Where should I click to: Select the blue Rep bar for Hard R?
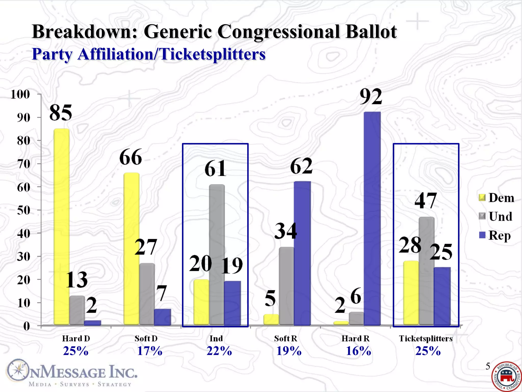(372, 218)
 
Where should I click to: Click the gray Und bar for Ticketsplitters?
(426, 271)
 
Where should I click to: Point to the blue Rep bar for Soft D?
(162, 317)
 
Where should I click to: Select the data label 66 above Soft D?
(130, 157)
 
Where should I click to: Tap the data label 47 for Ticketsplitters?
(426, 201)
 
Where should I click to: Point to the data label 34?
(286, 231)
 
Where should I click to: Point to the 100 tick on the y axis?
(20, 94)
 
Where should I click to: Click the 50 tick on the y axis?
(23, 210)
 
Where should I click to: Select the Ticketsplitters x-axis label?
(426, 339)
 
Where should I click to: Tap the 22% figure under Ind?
(219, 351)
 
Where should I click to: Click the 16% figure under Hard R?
(358, 351)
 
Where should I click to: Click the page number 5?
(488, 366)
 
